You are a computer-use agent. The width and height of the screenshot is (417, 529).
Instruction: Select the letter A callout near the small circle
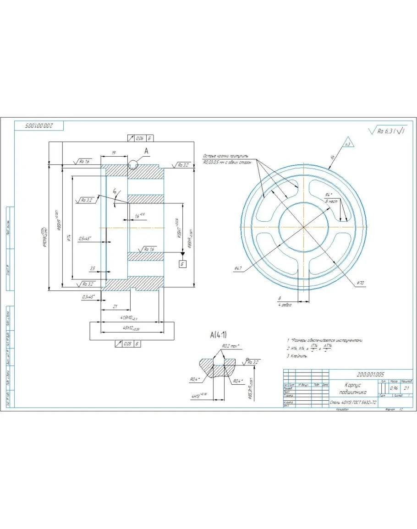click(146, 151)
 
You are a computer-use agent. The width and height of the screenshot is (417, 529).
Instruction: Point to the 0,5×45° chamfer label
click(85, 239)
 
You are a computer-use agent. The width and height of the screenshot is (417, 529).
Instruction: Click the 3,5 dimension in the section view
click(93, 269)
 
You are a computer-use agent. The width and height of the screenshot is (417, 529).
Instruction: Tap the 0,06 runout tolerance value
click(138, 138)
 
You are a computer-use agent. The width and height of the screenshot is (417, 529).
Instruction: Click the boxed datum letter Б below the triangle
click(182, 264)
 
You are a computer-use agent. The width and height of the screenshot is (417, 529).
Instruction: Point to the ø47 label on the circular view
click(238, 268)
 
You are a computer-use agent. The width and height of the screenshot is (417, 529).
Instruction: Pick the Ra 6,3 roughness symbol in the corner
click(387, 131)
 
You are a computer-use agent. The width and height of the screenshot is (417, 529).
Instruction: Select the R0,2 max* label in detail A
click(231, 346)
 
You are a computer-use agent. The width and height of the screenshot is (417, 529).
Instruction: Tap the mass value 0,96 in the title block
click(394, 388)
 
